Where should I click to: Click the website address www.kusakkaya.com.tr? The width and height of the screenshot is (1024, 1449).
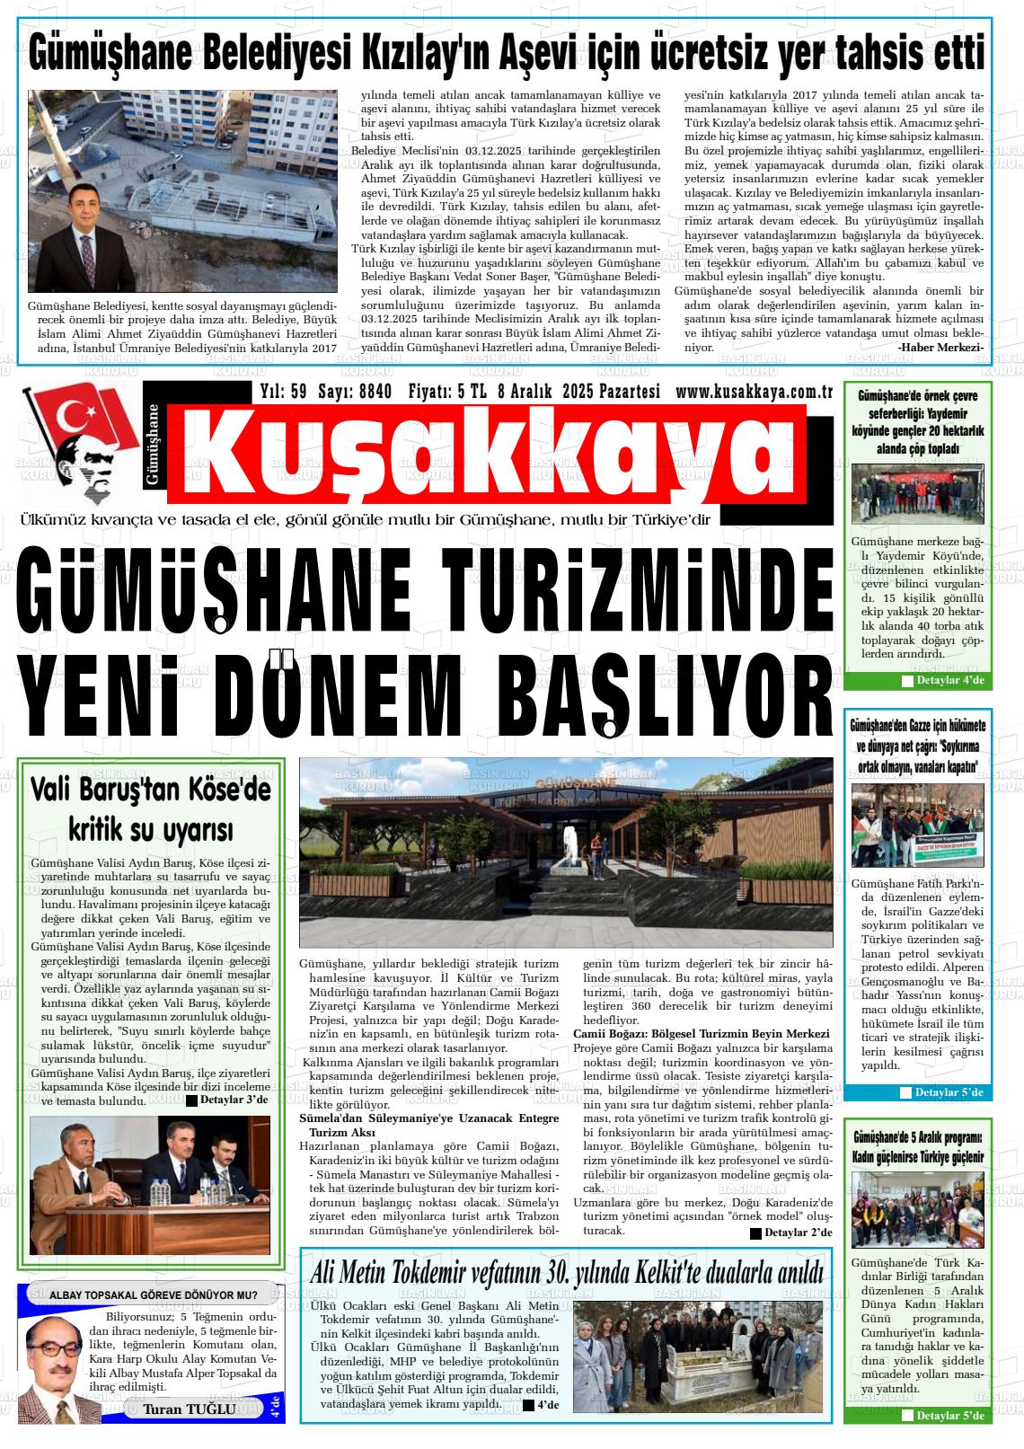[x=755, y=392]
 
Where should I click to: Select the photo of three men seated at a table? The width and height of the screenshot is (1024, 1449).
[x=150, y=1185]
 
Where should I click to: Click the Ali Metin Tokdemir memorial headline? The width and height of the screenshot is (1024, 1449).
[x=566, y=1273]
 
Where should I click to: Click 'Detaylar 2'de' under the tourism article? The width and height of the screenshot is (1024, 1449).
[x=790, y=1233]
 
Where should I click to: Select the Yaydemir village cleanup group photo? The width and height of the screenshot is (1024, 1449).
[x=917, y=494]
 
